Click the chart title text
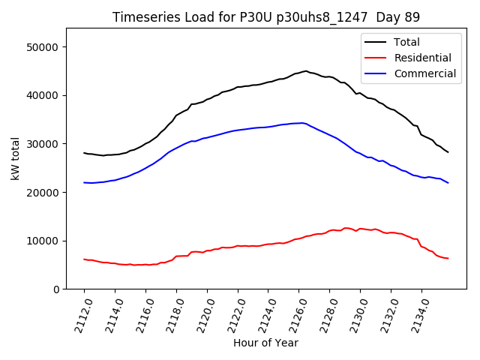265,17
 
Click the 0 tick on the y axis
56,289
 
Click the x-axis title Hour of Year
265,343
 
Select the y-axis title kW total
15,158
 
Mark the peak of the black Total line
306,71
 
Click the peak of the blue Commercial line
301,123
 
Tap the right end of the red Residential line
448,259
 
